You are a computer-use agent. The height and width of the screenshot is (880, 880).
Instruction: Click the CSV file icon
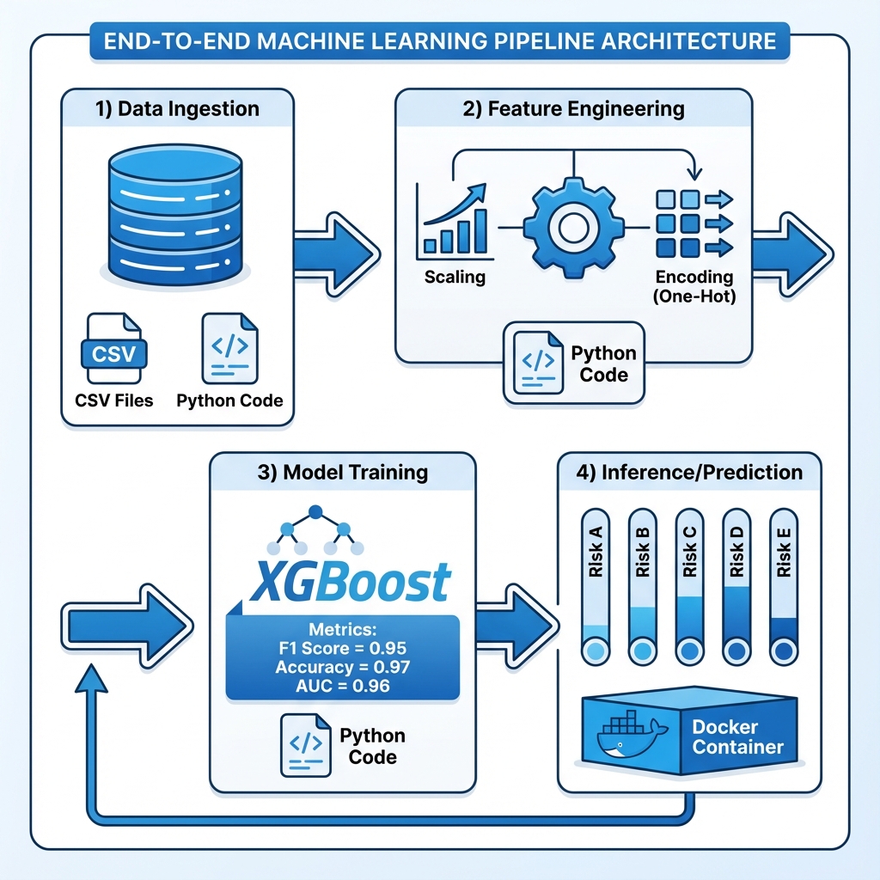113,351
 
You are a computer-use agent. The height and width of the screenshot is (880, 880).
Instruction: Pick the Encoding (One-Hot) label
694,286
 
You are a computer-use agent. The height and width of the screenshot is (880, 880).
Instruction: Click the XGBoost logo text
347,581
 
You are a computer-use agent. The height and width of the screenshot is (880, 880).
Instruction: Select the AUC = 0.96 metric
343,686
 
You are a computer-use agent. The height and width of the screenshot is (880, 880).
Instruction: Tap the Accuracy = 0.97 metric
343,667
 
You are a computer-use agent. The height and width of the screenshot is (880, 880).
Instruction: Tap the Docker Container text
737,737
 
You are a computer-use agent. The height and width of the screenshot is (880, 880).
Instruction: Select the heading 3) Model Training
343,473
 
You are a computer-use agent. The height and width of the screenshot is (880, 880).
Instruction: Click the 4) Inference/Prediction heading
689,473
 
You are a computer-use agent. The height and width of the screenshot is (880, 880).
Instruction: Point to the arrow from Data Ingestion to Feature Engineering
335,252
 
